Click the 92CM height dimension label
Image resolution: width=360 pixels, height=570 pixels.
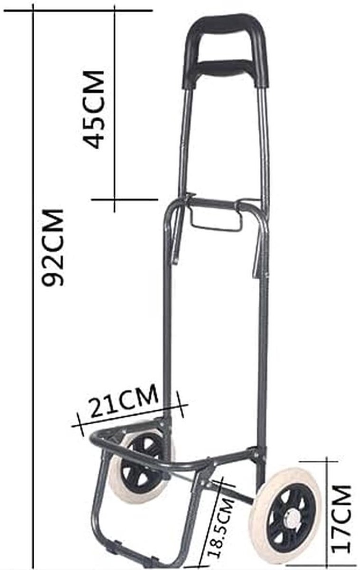[53, 248]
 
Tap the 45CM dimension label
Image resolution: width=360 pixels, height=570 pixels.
[94, 109]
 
